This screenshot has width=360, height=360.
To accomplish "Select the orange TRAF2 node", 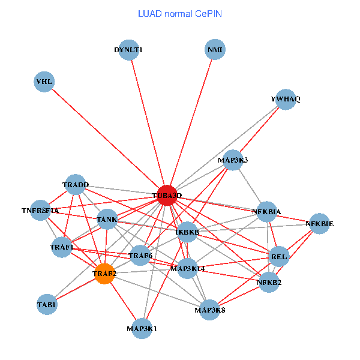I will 104,274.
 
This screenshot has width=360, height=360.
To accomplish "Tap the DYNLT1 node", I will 128,50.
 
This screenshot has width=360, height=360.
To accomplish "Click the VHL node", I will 44,82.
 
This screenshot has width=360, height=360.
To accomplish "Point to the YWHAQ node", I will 286,99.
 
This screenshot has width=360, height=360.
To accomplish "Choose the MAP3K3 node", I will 233,160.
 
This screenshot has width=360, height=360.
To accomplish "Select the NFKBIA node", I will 266,212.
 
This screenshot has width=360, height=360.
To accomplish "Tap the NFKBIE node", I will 319,224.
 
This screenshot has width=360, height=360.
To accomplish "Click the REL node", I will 280,256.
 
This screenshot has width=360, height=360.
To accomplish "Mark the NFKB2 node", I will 269,282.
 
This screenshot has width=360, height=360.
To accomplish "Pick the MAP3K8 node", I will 210,310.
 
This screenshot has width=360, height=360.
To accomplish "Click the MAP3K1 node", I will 142,328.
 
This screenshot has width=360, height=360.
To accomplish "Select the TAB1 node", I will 47,304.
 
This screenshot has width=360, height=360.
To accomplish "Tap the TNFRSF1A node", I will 40,211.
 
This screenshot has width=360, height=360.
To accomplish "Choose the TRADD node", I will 76,185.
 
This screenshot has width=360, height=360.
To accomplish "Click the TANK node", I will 107,220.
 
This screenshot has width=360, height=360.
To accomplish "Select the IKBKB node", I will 187,232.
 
